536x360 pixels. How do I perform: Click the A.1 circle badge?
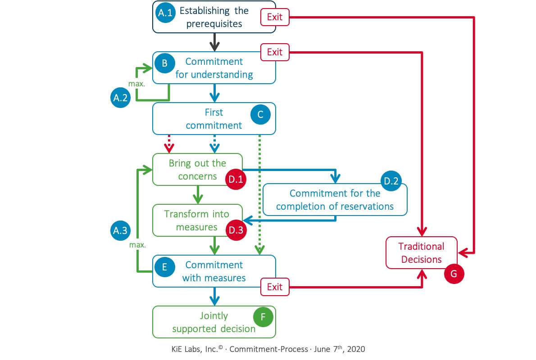tap(165, 13)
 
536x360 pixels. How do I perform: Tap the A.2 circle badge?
tap(120, 97)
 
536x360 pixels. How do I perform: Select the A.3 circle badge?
tap(120, 230)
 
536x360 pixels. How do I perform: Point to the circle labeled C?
tap(260, 115)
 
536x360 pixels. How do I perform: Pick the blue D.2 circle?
tap(390, 181)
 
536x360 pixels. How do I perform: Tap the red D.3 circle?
tap(235, 230)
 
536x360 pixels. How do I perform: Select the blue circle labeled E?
tap(164, 266)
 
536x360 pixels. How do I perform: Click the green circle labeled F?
tap(263, 317)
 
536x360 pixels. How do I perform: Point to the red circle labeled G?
tap(454, 274)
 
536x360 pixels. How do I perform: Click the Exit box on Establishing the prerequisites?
tap(274, 18)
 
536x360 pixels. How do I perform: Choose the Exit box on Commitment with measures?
tap(274, 287)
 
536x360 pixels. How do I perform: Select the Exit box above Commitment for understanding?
tap(274, 52)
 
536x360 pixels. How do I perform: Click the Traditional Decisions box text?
tap(422, 252)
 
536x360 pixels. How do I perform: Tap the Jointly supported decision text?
tap(214, 322)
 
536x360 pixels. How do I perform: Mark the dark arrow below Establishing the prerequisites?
tap(214, 43)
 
